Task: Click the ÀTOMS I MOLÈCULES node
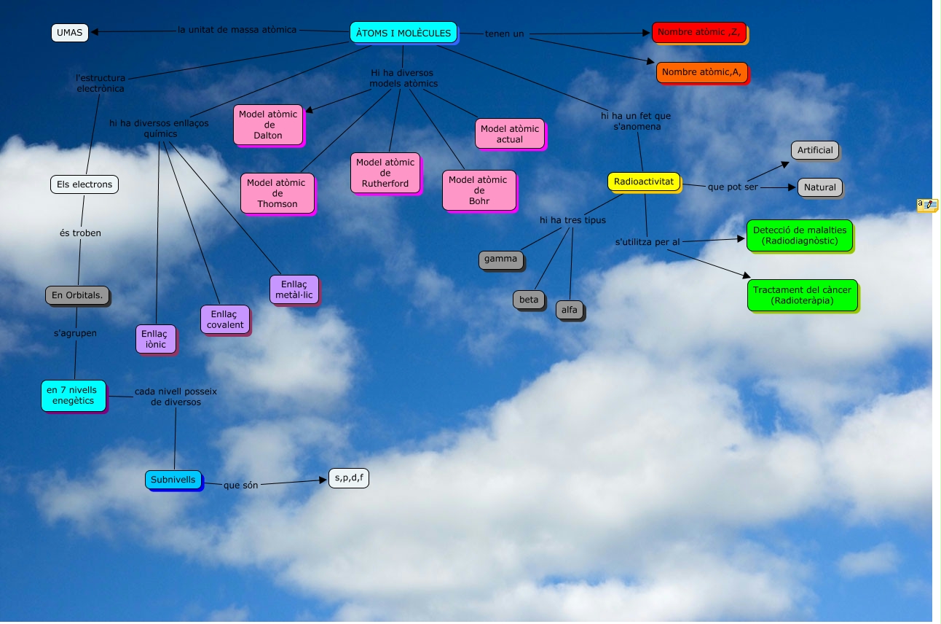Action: click(403, 33)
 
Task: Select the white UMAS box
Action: click(70, 32)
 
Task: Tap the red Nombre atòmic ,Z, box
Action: click(699, 32)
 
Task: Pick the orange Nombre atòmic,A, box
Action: click(701, 72)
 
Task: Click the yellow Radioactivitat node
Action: click(644, 182)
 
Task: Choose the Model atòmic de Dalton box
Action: click(268, 125)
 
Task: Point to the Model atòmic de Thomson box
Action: click(277, 193)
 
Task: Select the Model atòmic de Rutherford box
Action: click(385, 173)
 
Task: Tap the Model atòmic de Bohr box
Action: click(479, 190)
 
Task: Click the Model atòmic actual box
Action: click(510, 134)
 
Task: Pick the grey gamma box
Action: click(500, 259)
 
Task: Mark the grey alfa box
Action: click(570, 310)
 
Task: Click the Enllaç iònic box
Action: click(156, 339)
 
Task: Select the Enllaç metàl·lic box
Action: click(294, 289)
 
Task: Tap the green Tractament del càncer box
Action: click(802, 295)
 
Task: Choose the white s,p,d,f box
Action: click(348, 478)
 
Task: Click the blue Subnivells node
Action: click(173, 480)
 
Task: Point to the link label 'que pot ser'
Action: click(733, 187)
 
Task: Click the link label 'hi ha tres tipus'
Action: click(572, 220)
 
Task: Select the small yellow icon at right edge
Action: click(927, 205)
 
